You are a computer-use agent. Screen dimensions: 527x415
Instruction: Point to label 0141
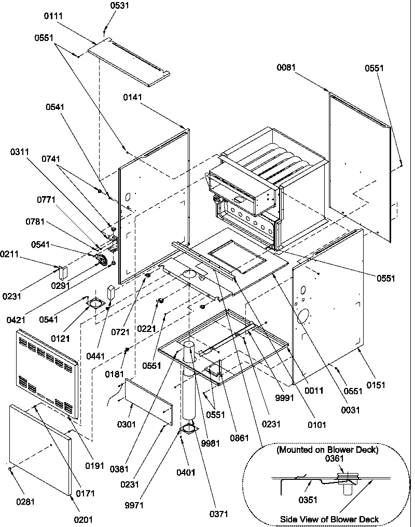pyautogui.click(x=133, y=97)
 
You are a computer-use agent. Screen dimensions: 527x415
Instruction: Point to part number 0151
pyautogui.click(x=377, y=384)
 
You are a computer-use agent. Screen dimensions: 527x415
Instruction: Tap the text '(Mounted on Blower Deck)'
pyautogui.click(x=327, y=450)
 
